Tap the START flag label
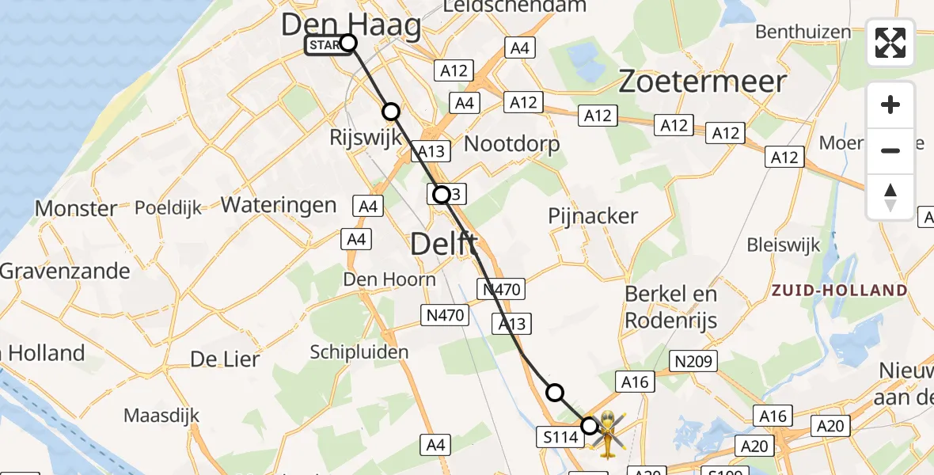click(x=325, y=45)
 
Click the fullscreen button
click(x=890, y=43)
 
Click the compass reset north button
click(x=890, y=197)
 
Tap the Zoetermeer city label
click(x=702, y=82)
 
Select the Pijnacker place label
click(x=593, y=216)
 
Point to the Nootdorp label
click(x=511, y=144)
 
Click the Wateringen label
click(x=279, y=205)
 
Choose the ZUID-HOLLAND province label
click(x=839, y=291)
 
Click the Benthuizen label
click(x=803, y=32)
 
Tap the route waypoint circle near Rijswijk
click(x=391, y=112)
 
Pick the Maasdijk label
click(x=161, y=415)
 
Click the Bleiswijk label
click(x=784, y=245)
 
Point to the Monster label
click(x=77, y=209)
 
